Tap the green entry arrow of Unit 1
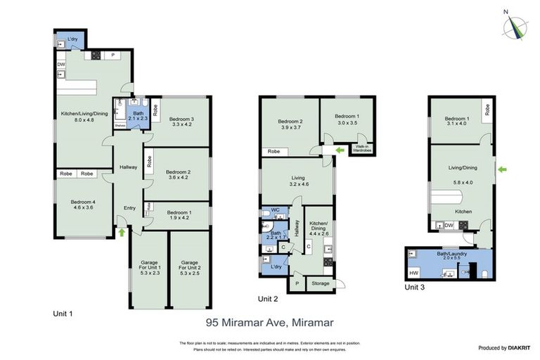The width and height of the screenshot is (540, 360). tap(122, 231)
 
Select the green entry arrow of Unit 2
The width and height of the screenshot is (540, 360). tap(341, 150)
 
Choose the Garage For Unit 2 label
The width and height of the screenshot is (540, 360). tap(190, 268)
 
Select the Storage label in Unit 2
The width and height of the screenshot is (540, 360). tap(321, 283)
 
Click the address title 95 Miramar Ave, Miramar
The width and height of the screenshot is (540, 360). tap(269, 323)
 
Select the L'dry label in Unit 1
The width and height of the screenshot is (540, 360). tap(72, 39)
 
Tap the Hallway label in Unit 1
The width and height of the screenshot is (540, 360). tap(128, 167)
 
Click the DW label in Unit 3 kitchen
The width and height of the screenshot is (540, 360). tap(449, 225)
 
